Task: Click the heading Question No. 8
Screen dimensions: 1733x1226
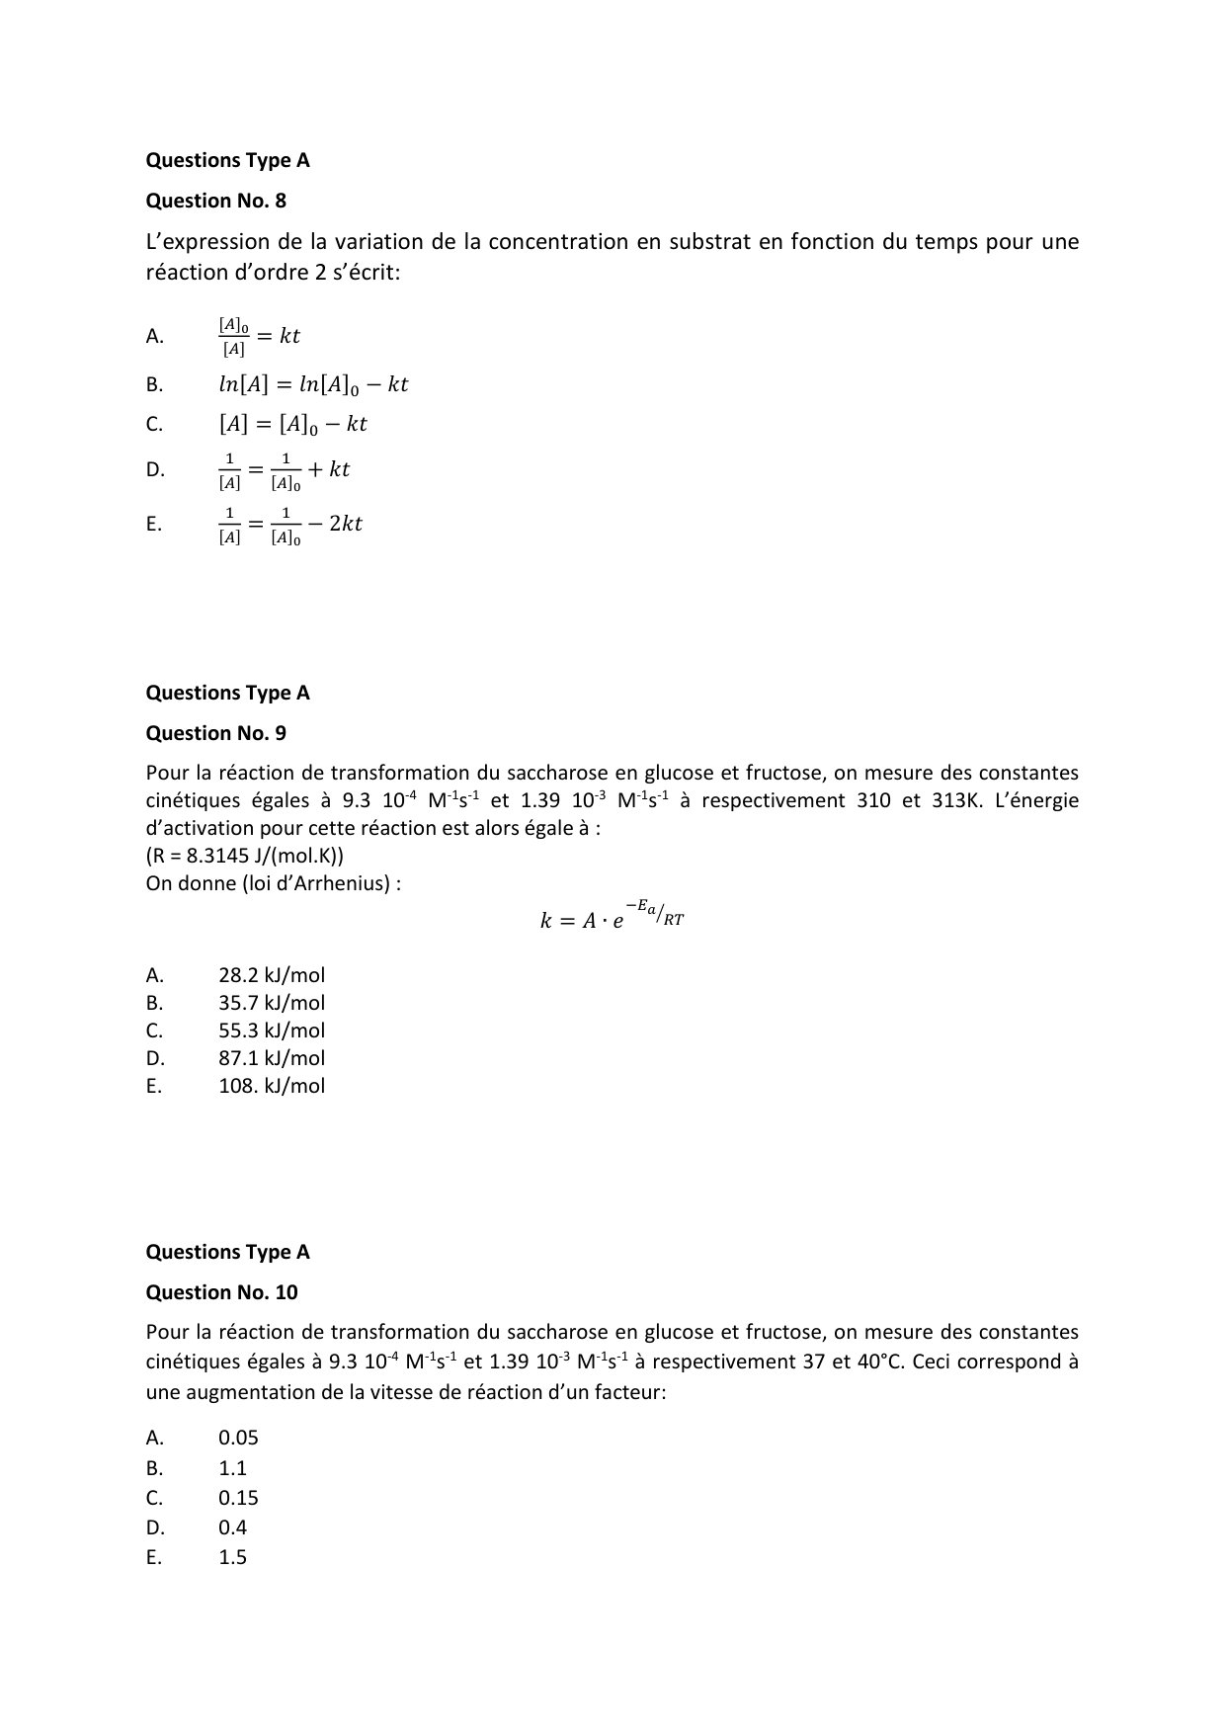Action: pyautogui.click(x=215, y=201)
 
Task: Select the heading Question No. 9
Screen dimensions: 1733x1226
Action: pyautogui.click(x=215, y=733)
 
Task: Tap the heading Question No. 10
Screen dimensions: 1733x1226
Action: pyautogui.click(x=221, y=1292)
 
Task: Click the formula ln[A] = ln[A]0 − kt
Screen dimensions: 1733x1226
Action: pyautogui.click(x=312, y=384)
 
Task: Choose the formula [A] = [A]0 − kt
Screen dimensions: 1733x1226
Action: pyautogui.click(x=292, y=424)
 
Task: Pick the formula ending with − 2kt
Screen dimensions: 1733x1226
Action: pyautogui.click(x=289, y=525)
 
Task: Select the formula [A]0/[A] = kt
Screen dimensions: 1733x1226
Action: pyautogui.click(x=259, y=336)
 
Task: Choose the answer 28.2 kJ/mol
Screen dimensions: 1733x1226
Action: pyautogui.click(x=271, y=975)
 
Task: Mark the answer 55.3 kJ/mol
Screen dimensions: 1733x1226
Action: pyautogui.click(x=271, y=1031)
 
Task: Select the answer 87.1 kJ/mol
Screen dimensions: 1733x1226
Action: pyautogui.click(x=271, y=1058)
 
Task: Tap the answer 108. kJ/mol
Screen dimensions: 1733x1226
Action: pyautogui.click(x=271, y=1086)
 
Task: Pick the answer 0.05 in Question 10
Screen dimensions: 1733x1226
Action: pyautogui.click(x=238, y=1439)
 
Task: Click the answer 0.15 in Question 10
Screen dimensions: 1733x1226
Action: pyautogui.click(x=238, y=1498)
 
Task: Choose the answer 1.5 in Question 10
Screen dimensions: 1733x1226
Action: pyautogui.click(x=232, y=1557)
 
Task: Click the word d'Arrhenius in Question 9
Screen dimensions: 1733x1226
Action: pyautogui.click(x=340, y=883)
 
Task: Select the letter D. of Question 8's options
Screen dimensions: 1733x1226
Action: pyautogui.click(x=155, y=469)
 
